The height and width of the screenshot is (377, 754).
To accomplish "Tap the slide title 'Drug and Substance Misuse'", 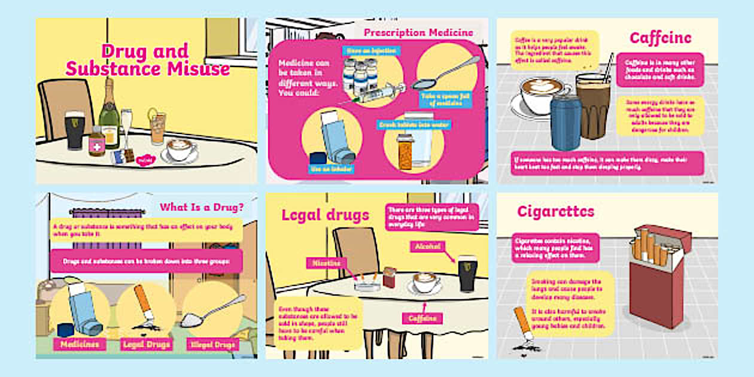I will click(147, 59).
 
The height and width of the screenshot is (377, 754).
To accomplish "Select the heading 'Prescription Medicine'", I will click(418, 32).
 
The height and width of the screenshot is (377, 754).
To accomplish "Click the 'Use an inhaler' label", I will click(331, 169).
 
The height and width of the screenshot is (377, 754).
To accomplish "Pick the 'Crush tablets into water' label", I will click(414, 125).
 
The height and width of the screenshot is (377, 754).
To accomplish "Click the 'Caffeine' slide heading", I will click(660, 38).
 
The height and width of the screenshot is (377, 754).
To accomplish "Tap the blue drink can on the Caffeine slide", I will click(565, 123).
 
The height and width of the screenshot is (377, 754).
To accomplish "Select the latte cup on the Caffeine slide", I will click(542, 96).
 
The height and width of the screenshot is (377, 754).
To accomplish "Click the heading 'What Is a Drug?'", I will click(201, 208).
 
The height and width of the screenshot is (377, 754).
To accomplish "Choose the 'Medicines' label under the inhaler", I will click(80, 344).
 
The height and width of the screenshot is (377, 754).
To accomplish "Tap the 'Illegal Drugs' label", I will click(212, 344).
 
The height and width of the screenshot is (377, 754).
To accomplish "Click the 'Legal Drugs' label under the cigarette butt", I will click(146, 344).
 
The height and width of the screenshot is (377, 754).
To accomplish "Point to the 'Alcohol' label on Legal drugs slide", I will click(427, 246).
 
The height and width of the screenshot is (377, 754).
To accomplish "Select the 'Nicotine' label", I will click(327, 263).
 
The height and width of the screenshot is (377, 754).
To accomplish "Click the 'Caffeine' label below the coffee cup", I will click(422, 318).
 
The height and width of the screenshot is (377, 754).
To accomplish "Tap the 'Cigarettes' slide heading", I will click(555, 211).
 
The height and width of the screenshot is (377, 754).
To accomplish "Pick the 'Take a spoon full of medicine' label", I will click(443, 99).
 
